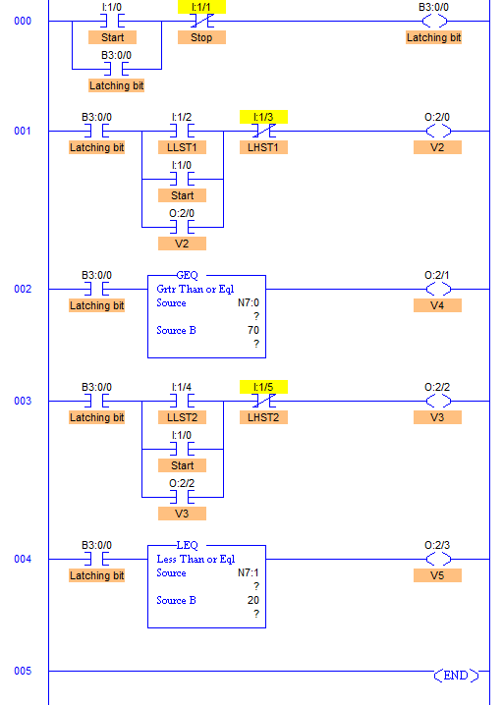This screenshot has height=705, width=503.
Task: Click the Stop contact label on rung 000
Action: pos(201,37)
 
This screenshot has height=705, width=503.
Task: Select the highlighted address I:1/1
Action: pos(201,7)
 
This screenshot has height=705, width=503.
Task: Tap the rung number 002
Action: pos(23,289)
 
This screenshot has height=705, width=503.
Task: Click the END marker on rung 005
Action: pos(456,676)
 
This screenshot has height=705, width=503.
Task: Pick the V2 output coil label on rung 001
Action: pos(437,147)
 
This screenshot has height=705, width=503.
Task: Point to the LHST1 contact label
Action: pos(263,147)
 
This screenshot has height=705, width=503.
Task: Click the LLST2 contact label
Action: pos(182,417)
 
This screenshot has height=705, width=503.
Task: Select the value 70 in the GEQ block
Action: pos(253,330)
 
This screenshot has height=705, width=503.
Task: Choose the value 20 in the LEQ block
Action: pos(253,600)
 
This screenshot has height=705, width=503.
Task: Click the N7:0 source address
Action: pos(249,303)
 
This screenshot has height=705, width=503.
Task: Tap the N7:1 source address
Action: pos(249,572)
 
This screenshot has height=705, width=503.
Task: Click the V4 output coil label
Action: pos(437,305)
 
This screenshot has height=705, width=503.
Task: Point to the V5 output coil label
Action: pos(437,575)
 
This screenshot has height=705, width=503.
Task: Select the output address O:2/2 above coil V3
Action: pos(437,387)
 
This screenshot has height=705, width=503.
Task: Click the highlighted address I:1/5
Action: pos(263,387)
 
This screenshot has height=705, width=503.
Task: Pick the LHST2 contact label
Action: pos(263,417)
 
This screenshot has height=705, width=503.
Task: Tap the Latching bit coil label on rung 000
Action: pos(433,37)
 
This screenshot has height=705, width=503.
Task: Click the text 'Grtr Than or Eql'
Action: pos(196,289)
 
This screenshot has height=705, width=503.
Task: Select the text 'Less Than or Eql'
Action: pos(196,559)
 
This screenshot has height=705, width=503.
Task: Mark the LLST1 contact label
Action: pos(182,147)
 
